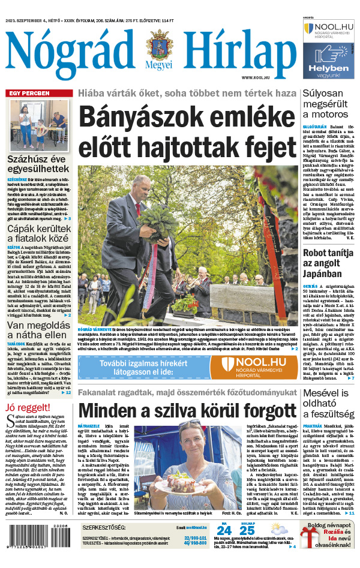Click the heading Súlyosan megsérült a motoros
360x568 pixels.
(327, 104)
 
